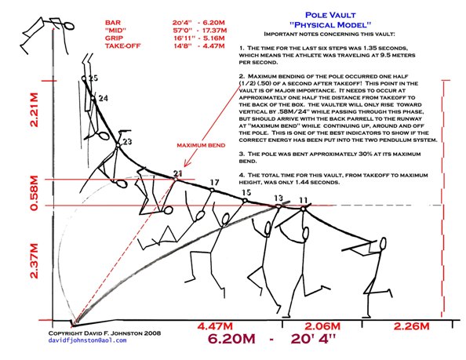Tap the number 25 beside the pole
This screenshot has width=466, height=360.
[93, 79]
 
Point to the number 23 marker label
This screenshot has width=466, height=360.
[127, 141]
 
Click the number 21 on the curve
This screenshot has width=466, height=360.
[177, 173]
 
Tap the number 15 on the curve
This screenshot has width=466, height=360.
[246, 192]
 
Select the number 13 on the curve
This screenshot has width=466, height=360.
[278, 198]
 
